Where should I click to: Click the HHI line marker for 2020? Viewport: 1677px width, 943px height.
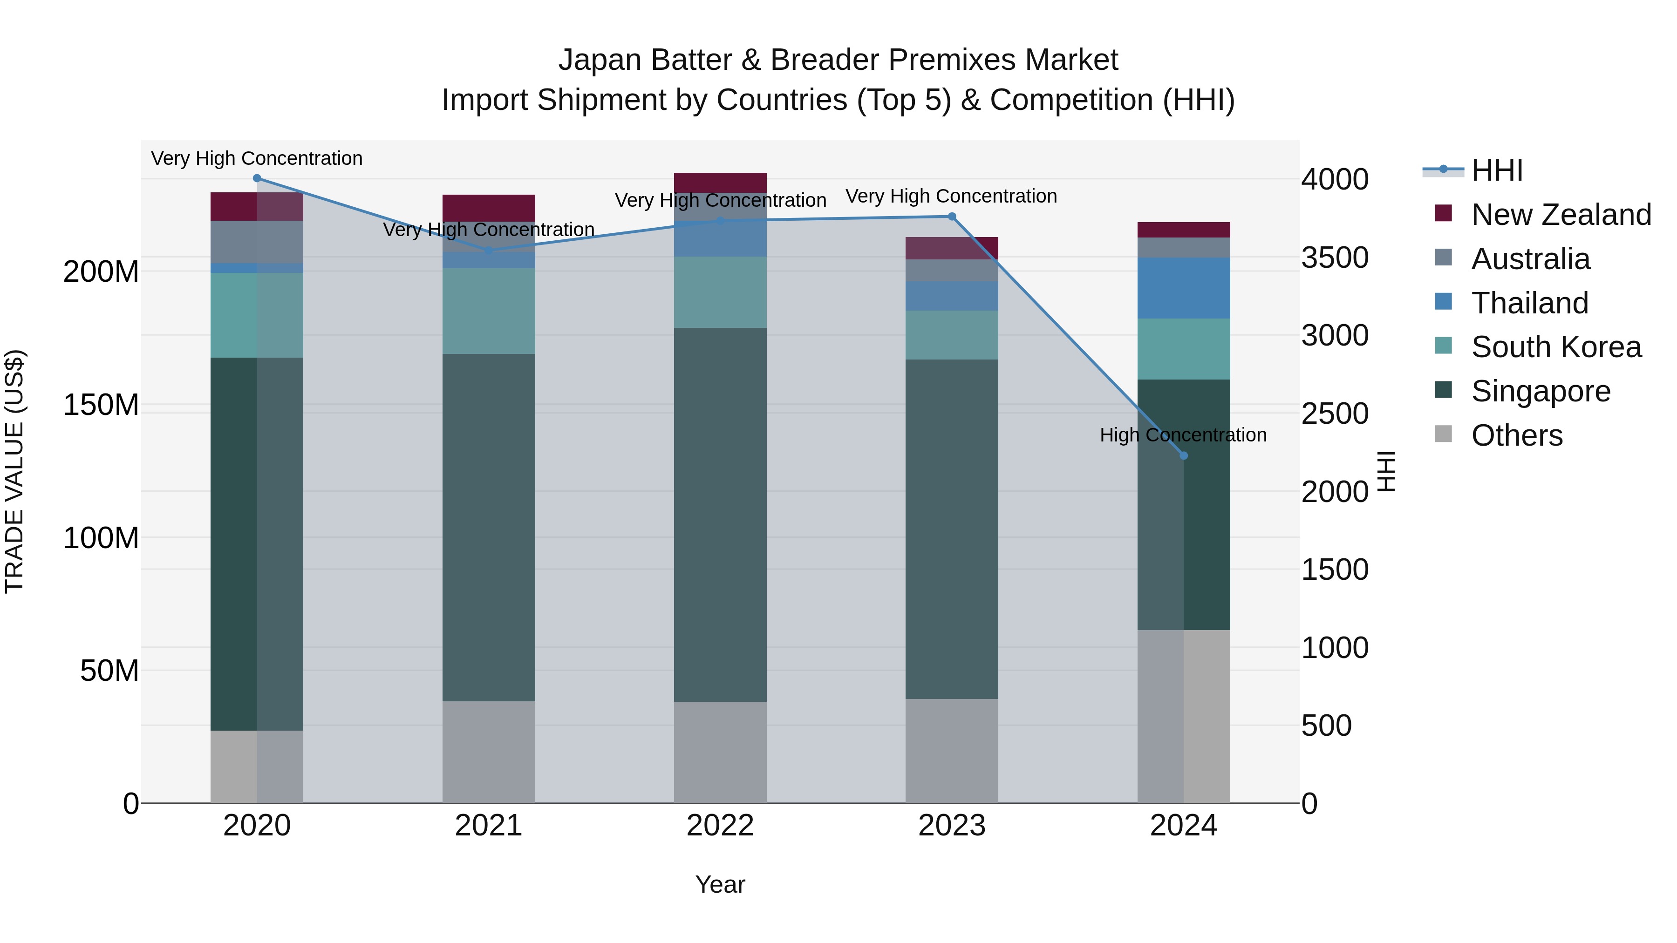pyautogui.click(x=257, y=178)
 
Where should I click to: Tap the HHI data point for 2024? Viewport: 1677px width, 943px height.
pyautogui.click(x=1184, y=455)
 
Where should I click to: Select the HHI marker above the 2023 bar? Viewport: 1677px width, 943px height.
pyautogui.click(x=952, y=217)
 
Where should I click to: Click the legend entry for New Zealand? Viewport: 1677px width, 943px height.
pyautogui.click(x=1561, y=215)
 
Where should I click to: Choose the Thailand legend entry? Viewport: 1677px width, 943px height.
pyautogui.click(x=1529, y=303)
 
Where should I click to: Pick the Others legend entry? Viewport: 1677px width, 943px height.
pyautogui.click(x=1516, y=435)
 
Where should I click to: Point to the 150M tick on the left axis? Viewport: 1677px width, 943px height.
pyautogui.click(x=101, y=405)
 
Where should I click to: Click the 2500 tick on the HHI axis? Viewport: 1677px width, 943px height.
pyautogui.click(x=1335, y=414)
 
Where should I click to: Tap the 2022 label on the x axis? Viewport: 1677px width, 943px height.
pyautogui.click(x=720, y=826)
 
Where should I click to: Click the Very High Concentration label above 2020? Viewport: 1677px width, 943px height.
pyautogui.click(x=257, y=158)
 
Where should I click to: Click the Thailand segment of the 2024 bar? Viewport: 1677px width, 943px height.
pyautogui.click(x=1184, y=288)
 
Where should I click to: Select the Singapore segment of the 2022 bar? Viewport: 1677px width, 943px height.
pyautogui.click(x=720, y=514)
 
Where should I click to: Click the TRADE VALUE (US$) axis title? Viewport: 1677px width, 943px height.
pyautogui.click(x=14, y=471)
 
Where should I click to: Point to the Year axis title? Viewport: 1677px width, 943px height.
pyautogui.click(x=720, y=884)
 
